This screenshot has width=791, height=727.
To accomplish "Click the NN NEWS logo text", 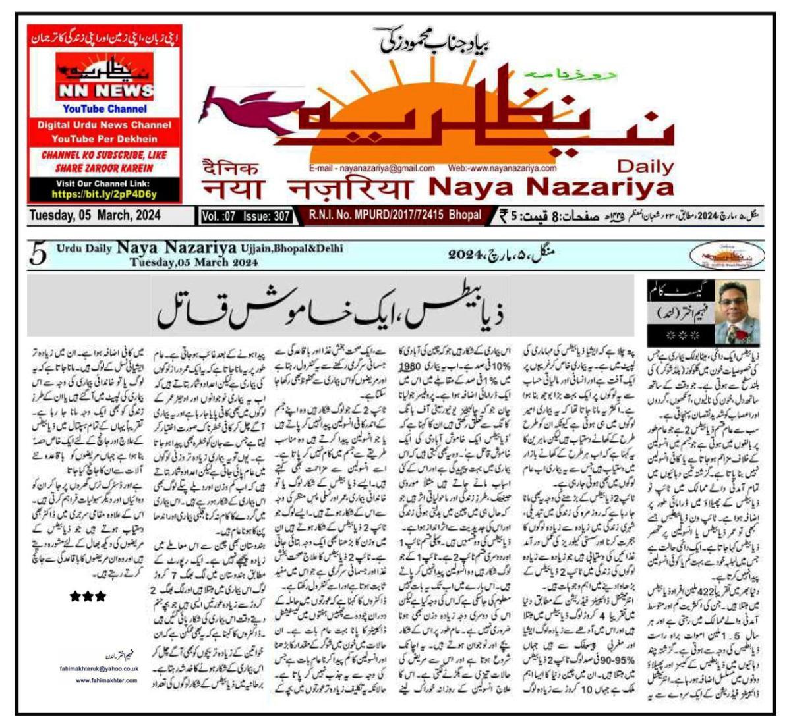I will tap(104, 90).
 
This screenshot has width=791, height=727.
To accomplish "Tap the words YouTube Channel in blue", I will tap(105, 109).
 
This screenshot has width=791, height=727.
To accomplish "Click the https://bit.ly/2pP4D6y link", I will tap(104, 195).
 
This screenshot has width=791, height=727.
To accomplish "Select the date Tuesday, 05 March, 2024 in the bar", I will tap(94, 215).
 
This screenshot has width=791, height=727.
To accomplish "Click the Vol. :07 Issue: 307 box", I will tap(247, 216).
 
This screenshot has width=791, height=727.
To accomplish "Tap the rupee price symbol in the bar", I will tap(504, 215).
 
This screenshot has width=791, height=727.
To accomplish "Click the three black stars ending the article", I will tap(88, 597).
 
